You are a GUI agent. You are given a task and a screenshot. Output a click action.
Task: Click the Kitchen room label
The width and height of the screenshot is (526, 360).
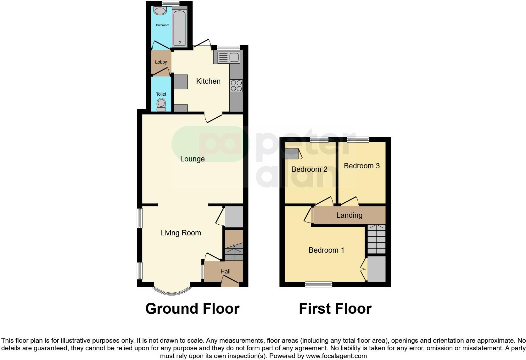[x=208, y=81]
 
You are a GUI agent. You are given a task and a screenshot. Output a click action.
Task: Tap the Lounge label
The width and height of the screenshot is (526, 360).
[x=192, y=159]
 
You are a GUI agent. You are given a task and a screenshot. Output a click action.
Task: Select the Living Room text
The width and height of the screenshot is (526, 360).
[x=181, y=233]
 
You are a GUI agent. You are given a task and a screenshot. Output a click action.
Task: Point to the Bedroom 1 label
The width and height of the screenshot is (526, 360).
[x=326, y=250]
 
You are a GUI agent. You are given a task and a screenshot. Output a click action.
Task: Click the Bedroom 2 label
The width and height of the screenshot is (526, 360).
[x=309, y=169]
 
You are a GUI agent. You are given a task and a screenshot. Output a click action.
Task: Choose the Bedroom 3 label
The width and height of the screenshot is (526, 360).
[x=362, y=166]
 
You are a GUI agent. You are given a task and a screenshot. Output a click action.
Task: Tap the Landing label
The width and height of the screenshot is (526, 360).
[x=349, y=215]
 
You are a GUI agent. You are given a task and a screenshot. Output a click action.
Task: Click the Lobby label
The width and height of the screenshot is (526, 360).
[x=161, y=62]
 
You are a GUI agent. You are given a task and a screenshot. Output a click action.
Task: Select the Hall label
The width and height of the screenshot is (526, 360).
[x=225, y=272]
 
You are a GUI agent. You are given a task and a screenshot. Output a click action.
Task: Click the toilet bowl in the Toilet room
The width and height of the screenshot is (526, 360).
[x=161, y=104]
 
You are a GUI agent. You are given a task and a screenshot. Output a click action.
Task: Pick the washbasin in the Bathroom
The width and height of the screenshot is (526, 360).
[x=160, y=11]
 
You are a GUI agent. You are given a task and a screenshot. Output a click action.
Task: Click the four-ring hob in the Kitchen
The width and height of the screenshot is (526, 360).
[x=236, y=86]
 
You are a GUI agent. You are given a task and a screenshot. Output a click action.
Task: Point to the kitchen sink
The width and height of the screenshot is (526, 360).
[x=234, y=58]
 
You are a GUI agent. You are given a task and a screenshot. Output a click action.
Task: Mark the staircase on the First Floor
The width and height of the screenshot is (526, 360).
[x=376, y=239]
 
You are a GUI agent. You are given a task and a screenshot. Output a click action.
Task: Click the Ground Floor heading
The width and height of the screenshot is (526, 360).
[x=192, y=309]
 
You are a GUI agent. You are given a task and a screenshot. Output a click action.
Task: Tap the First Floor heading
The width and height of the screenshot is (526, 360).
[x=335, y=309]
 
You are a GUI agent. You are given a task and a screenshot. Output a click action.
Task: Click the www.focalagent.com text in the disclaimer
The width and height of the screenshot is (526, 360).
[x=336, y=356]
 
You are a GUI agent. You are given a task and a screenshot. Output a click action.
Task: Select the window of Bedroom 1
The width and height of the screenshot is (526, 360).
[x=319, y=284]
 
